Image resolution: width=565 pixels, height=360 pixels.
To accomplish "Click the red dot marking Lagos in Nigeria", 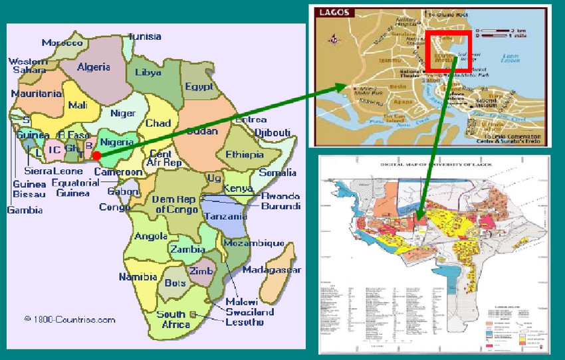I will [97, 155].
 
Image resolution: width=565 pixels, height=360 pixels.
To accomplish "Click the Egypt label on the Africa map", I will [199, 87].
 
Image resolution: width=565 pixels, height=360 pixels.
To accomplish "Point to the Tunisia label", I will [144, 37].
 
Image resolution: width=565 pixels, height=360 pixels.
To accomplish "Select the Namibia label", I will [138, 277].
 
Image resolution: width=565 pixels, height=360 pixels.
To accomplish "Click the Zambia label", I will [187, 249].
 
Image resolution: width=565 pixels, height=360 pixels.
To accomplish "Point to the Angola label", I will [151, 236].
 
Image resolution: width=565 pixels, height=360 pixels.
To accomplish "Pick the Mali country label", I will [77, 104].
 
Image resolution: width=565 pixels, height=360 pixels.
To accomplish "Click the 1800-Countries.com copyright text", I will [70, 319].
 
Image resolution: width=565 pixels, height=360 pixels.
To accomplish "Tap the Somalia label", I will [278, 173].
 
